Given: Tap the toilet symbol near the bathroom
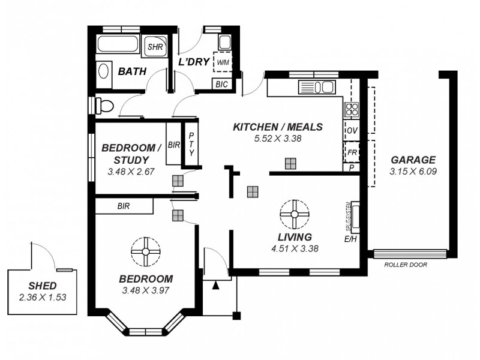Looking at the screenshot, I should (106, 106).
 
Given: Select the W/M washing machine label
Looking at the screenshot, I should (223, 62).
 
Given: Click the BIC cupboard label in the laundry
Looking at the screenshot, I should (221, 84).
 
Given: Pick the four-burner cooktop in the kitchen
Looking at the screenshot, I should (350, 109).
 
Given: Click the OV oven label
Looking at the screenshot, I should (351, 130).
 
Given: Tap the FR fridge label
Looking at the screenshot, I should (352, 152).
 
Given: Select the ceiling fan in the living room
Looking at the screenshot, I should (294, 214).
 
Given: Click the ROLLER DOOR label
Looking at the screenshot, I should (405, 264).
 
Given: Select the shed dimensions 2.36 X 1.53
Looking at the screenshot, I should (43, 297).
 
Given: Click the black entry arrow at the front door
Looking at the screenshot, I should (216, 286).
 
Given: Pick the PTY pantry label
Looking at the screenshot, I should (191, 145).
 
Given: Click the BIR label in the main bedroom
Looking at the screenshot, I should (124, 206).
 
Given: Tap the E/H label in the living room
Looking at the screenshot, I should (350, 239).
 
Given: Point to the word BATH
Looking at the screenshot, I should (132, 71).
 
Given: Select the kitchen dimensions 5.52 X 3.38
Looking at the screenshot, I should (278, 138).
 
